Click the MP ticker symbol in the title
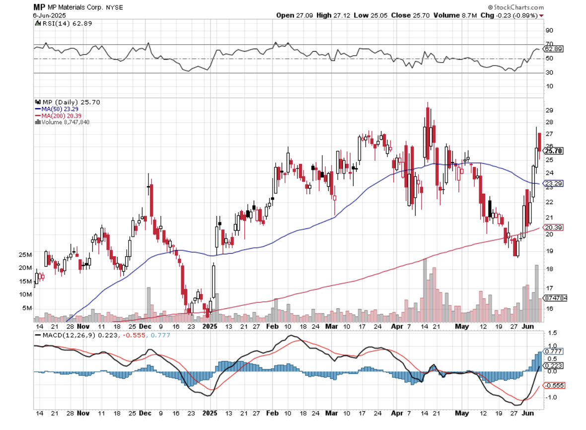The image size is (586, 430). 40,7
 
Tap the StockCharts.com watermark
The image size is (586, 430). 515,7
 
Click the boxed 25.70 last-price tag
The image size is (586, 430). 553,151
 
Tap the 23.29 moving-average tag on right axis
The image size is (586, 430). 552,184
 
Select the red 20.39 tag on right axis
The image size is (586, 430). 552,228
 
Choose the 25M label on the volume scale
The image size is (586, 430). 25,255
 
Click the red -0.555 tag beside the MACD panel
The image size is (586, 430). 554,385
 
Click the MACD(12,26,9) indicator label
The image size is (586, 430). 58,335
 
